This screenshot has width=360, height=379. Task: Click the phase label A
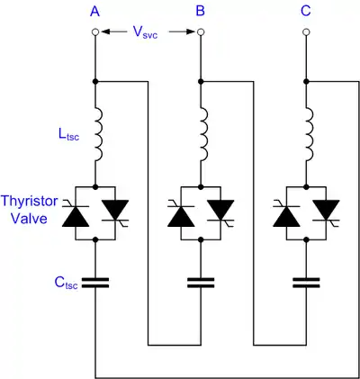(94, 12)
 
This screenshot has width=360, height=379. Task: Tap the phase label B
(201, 12)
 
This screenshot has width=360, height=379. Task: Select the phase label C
(306, 12)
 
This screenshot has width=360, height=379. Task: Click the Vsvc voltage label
(146, 32)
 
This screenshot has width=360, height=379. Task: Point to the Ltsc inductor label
(69, 135)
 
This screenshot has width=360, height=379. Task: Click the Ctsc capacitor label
(66, 283)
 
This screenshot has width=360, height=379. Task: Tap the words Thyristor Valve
(29, 210)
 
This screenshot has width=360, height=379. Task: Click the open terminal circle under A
(95, 32)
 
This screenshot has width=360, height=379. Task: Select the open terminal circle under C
(306, 32)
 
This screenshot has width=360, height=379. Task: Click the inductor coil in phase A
(99, 135)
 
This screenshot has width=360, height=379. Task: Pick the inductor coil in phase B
(204, 135)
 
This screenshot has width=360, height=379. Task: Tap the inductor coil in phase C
(310, 135)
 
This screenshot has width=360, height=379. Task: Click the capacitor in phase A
(95, 283)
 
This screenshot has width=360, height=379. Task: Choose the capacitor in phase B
(201, 283)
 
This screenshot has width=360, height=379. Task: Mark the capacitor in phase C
(306, 283)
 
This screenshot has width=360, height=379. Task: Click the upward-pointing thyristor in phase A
(76, 215)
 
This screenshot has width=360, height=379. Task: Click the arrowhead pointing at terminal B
(191, 32)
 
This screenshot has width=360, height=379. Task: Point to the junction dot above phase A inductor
(95, 81)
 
